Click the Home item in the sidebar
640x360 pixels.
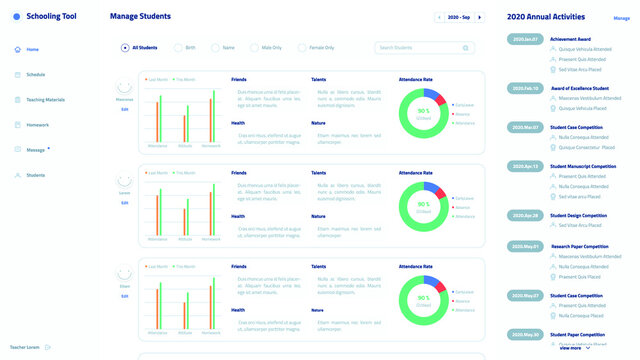32,49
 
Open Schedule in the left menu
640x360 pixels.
34,74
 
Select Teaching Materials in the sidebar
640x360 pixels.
44,99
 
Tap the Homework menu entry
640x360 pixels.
36,124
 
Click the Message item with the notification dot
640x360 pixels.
35,150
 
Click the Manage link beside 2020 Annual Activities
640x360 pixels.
621,18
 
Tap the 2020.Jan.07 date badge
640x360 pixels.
525,39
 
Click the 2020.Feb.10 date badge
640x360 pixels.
525,88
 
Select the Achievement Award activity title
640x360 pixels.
572,39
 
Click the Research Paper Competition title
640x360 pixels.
580,245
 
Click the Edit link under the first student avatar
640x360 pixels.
125,109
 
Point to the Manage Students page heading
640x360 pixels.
140,17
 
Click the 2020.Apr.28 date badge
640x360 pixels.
525,215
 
